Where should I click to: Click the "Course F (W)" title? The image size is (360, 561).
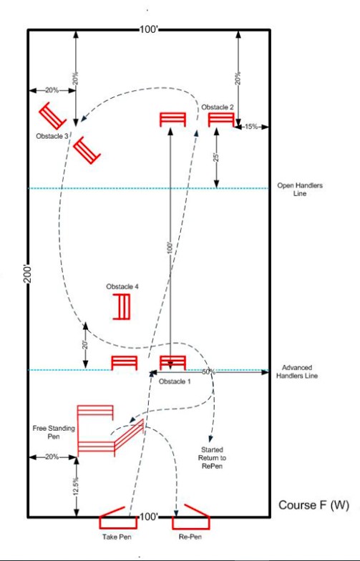[313, 505]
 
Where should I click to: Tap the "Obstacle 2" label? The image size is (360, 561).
[218, 107]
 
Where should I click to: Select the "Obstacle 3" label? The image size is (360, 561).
[52, 136]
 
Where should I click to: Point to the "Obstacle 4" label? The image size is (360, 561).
[122, 286]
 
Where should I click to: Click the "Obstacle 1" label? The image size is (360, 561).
[175, 381]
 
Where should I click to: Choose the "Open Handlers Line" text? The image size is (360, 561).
[299, 189]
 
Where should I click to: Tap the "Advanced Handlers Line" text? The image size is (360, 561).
[296, 371]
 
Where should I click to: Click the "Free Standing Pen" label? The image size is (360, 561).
[54, 432]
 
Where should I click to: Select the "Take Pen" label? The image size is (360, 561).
[117, 537]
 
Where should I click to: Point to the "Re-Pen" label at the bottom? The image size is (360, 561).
[190, 537]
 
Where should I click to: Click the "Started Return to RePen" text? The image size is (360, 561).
[212, 458]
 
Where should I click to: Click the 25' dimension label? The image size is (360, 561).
[216, 157]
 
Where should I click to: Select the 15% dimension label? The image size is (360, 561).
[251, 126]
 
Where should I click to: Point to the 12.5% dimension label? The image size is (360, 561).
[76, 486]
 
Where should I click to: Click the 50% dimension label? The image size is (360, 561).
[208, 372]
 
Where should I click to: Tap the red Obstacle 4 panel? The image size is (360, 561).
[122, 306]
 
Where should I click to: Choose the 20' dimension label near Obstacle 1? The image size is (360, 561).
[84, 345]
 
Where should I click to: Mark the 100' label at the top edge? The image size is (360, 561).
[149, 29]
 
